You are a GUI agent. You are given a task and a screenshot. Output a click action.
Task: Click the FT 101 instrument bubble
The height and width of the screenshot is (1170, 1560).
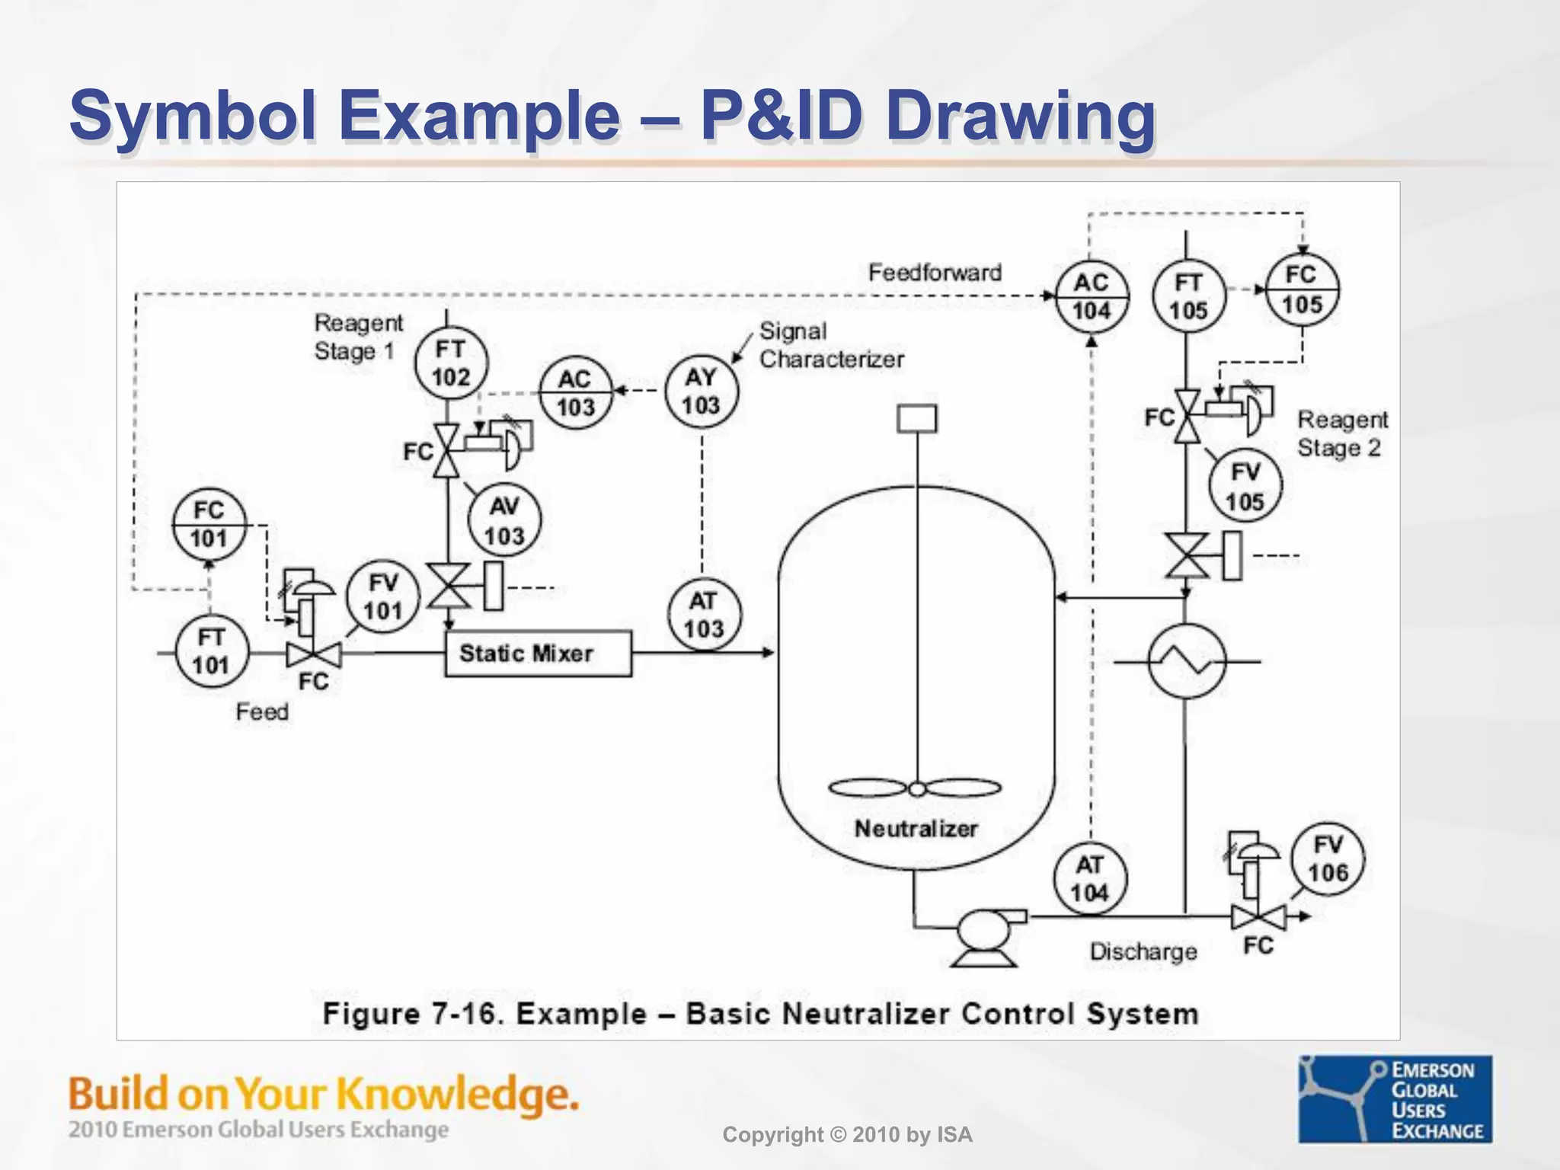(211, 651)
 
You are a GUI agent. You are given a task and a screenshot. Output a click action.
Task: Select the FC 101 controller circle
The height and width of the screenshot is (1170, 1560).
(209, 525)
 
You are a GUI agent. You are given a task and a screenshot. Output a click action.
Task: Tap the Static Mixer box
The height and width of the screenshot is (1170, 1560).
(538, 654)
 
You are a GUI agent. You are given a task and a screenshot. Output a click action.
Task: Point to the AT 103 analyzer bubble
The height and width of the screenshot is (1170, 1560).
(703, 615)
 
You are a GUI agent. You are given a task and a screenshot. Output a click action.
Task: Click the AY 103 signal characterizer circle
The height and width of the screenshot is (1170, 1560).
(701, 391)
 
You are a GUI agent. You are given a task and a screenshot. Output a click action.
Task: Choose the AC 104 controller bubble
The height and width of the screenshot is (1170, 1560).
(1091, 296)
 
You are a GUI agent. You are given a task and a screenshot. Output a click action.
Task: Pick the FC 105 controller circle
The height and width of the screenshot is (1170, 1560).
(1302, 290)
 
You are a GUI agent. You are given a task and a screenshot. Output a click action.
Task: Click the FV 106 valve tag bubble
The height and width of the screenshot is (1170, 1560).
(1328, 859)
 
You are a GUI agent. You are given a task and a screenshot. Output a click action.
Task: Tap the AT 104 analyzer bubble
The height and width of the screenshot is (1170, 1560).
(1090, 878)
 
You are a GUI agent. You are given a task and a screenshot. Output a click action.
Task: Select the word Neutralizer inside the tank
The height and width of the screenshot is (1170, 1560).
(916, 829)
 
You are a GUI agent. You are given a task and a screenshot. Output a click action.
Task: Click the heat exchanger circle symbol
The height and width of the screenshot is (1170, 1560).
(1186, 661)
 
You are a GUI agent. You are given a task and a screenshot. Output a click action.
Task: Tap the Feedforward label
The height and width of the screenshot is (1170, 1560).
(935, 273)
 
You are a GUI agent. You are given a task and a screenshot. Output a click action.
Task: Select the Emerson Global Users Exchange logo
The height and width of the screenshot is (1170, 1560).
(1395, 1099)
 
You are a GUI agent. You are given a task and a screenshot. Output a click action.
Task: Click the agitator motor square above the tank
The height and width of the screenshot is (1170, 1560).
(916, 419)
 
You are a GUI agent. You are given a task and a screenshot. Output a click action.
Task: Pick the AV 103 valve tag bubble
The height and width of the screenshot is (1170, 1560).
(504, 521)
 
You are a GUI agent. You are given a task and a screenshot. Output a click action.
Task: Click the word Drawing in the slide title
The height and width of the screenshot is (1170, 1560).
(1020, 116)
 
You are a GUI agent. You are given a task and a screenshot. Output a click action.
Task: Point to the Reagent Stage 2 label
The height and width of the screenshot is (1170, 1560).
(1342, 433)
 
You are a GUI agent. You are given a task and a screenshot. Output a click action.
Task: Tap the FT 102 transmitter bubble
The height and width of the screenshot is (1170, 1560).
(451, 363)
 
